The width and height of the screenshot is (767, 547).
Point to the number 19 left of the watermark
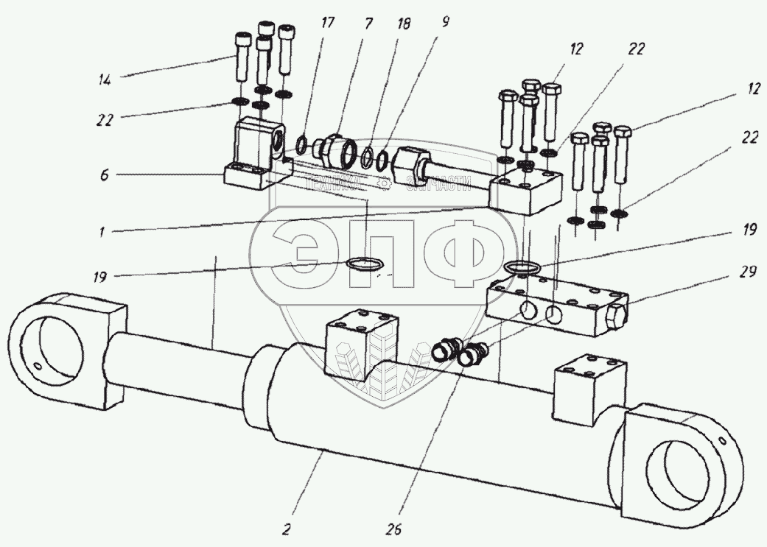99,278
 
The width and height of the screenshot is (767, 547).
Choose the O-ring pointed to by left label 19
366,264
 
